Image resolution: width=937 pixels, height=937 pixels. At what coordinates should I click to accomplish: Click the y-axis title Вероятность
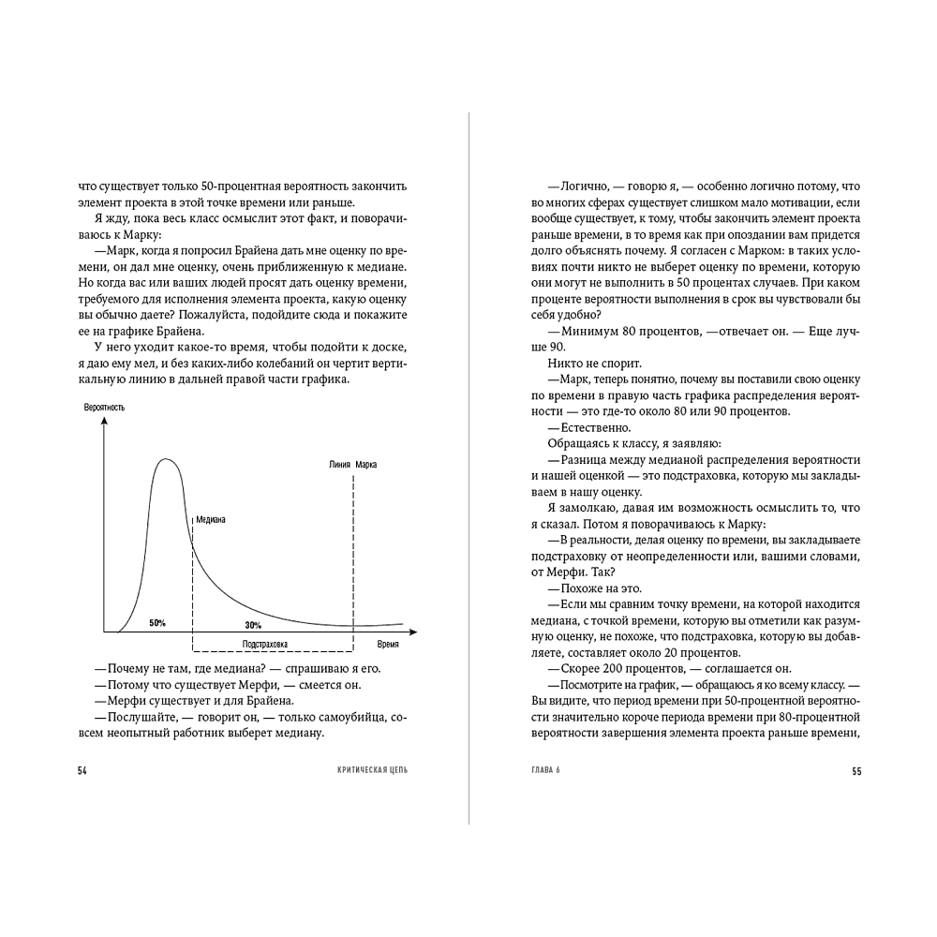[104, 408]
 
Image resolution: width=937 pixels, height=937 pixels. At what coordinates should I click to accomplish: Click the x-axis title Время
[387, 645]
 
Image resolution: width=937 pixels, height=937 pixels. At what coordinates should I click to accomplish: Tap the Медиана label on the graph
[211, 520]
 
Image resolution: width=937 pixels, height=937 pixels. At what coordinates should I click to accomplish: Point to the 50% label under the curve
[157, 623]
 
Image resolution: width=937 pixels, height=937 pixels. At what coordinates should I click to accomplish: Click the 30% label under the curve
[253, 625]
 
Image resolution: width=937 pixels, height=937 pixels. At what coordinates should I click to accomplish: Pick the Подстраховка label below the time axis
[264, 644]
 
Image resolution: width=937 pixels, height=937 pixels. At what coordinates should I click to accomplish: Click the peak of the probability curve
[167, 459]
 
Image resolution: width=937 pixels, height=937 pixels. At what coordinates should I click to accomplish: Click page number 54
[82, 771]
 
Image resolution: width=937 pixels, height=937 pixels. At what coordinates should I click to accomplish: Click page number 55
[855, 771]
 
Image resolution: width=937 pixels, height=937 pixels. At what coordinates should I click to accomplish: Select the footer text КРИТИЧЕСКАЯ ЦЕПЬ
[373, 771]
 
